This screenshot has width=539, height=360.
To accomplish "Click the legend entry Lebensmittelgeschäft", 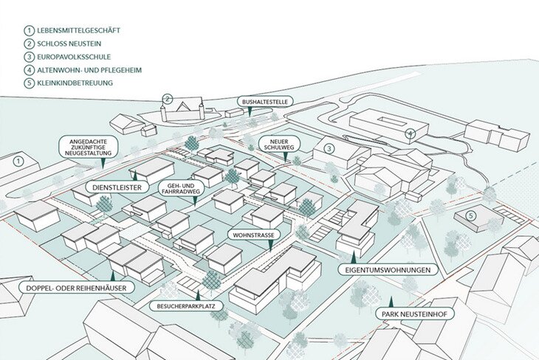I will click(82, 30).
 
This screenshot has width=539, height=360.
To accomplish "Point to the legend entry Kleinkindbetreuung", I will click(76, 83).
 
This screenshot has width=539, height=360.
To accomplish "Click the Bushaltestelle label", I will click(261, 101).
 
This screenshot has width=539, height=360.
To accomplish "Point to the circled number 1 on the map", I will click(19, 160).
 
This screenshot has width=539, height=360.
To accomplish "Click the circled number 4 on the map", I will click(411, 134).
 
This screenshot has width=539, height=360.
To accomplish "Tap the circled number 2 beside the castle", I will click(168, 99).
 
